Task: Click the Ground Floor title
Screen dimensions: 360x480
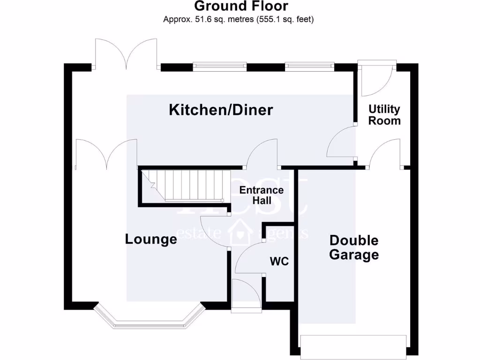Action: pyautogui.click(x=241, y=7)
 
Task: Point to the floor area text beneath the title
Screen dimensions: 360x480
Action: pyautogui.click(x=238, y=20)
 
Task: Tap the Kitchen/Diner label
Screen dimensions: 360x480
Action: pyautogui.click(x=221, y=111)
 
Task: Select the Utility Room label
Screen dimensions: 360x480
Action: pyautogui.click(x=384, y=115)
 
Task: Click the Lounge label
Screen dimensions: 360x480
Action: pyautogui.click(x=151, y=240)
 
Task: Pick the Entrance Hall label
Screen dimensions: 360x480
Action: pyautogui.click(x=262, y=195)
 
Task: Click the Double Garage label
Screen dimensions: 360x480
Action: pyautogui.click(x=354, y=247)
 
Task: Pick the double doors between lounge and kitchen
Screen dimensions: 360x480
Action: pyautogui.click(x=106, y=152)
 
